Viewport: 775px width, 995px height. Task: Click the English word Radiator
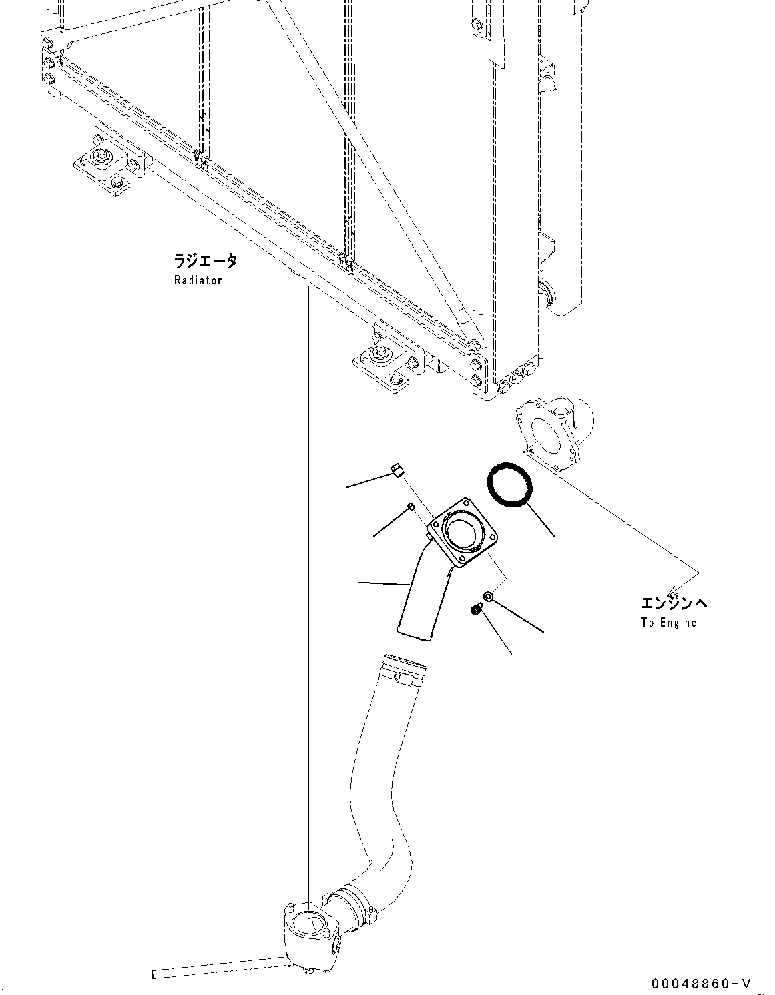(198, 281)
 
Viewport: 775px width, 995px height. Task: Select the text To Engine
(668, 623)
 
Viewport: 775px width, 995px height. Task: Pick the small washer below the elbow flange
(489, 596)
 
